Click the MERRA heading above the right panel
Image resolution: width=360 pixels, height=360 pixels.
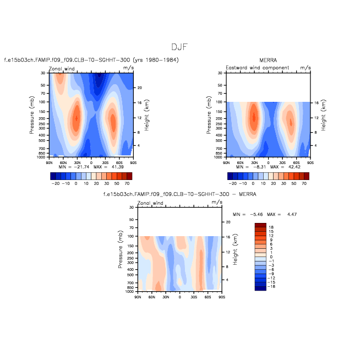268,59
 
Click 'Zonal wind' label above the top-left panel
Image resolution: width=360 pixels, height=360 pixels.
62,68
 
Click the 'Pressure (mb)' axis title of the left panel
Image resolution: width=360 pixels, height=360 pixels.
32,116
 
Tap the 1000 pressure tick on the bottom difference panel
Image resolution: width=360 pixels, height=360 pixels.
129,292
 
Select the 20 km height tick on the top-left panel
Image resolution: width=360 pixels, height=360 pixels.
139,88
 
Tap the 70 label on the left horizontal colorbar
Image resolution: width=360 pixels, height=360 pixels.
127,182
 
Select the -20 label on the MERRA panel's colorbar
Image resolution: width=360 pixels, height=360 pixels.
233,182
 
